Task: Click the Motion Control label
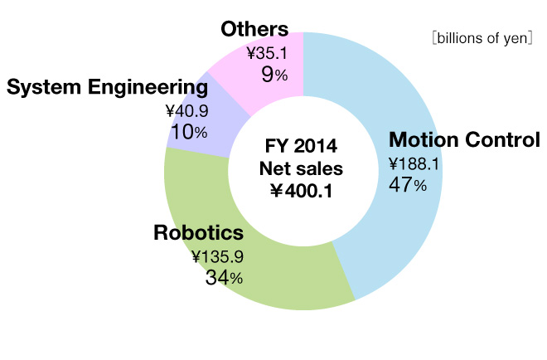(x=464, y=139)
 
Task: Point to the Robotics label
(x=199, y=233)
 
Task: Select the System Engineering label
(x=106, y=88)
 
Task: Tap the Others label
(x=254, y=30)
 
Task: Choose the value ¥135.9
(x=217, y=257)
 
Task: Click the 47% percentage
(x=408, y=185)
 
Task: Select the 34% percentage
(x=224, y=278)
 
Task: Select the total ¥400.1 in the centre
(x=303, y=192)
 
